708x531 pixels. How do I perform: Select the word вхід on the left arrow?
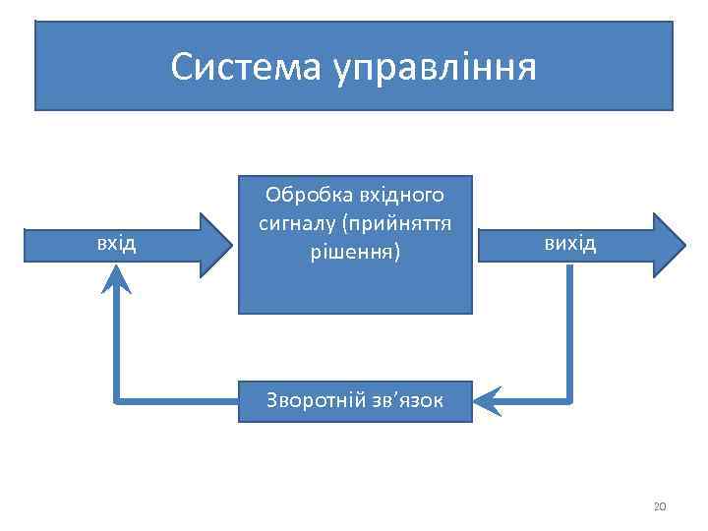(115, 242)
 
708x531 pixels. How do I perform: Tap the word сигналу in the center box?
(296, 222)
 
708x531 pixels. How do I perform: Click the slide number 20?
(659, 506)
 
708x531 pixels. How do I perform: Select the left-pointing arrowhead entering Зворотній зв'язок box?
(486, 400)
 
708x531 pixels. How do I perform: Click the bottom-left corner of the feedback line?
(116, 400)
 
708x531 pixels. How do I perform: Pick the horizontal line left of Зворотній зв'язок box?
(177, 400)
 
